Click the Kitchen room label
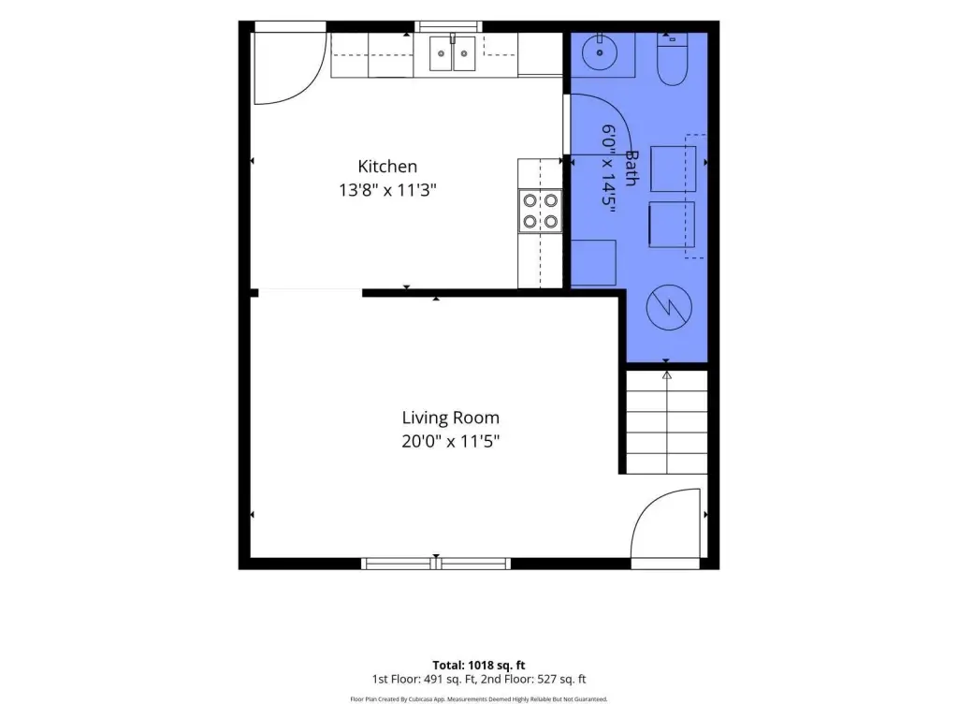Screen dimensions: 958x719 click(387, 167)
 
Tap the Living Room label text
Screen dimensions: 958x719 click(450, 418)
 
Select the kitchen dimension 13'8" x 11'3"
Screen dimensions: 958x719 click(387, 190)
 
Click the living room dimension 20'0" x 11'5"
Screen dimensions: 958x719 click(450, 441)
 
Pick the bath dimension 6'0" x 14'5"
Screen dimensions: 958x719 click(608, 169)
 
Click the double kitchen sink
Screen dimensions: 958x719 click(452, 53)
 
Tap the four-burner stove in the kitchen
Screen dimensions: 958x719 click(540, 211)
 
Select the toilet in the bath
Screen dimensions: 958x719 click(672, 59)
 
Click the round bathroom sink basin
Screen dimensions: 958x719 click(600, 52)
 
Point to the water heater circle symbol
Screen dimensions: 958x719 click(669, 307)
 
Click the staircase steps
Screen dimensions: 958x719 click(666, 422)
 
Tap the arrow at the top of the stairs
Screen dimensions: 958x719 click(666, 374)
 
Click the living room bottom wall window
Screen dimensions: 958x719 click(436, 564)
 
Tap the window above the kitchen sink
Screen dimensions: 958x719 click(448, 26)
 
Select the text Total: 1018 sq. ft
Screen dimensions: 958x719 click(478, 666)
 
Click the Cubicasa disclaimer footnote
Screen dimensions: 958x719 click(478, 698)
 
